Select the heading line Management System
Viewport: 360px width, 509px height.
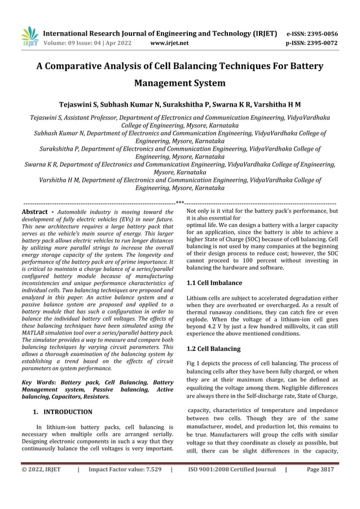(179, 84)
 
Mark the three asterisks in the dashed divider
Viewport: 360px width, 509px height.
(180, 202)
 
